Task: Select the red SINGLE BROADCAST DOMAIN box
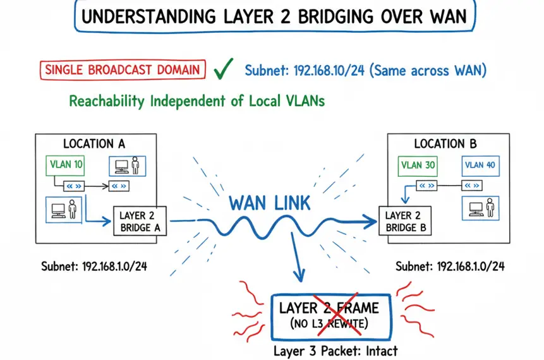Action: (123, 70)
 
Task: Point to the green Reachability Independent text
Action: (196, 101)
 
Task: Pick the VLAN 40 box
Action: (479, 165)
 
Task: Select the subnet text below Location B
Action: (450, 267)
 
